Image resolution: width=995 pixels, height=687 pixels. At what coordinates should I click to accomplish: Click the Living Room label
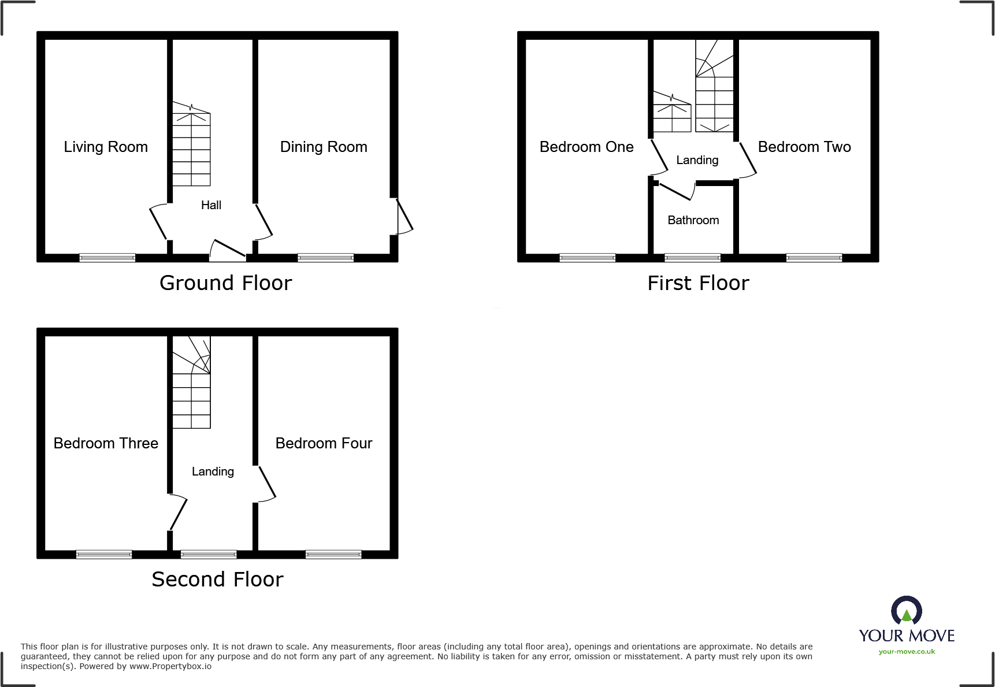pos(106,147)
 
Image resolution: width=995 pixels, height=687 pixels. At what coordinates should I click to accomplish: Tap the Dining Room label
pos(324,147)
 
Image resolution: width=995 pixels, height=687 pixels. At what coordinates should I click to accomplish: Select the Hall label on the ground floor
pos(211,205)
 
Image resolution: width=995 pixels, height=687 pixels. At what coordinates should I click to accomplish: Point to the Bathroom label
pos(693,220)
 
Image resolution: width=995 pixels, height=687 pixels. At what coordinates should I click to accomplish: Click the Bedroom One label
pos(586,147)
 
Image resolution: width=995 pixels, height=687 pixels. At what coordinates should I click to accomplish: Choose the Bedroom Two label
pos(804,147)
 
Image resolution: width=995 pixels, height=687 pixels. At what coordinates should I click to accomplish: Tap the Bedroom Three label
pos(106,443)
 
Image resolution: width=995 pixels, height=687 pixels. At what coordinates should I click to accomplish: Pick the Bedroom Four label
pos(324,443)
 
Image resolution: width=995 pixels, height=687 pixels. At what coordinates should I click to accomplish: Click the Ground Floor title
pos(225,283)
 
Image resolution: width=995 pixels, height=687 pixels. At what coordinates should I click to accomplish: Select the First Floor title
pos(698,283)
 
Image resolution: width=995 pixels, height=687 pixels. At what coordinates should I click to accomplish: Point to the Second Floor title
pos(217,580)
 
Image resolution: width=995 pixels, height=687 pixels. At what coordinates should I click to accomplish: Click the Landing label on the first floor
pos(697,160)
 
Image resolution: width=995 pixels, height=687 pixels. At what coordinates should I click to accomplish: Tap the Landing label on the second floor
pos(213,471)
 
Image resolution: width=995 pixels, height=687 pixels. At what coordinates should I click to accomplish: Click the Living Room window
pos(107,258)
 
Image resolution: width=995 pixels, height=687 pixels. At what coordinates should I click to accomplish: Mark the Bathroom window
pos(692,258)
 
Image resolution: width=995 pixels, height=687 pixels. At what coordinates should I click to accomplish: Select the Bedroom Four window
pos(333,555)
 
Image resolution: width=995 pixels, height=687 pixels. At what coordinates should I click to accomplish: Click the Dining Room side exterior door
pos(404,217)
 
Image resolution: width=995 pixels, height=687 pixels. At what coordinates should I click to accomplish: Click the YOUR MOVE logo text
pos(907,636)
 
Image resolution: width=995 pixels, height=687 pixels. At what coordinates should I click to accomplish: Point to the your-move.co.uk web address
pos(907,652)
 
